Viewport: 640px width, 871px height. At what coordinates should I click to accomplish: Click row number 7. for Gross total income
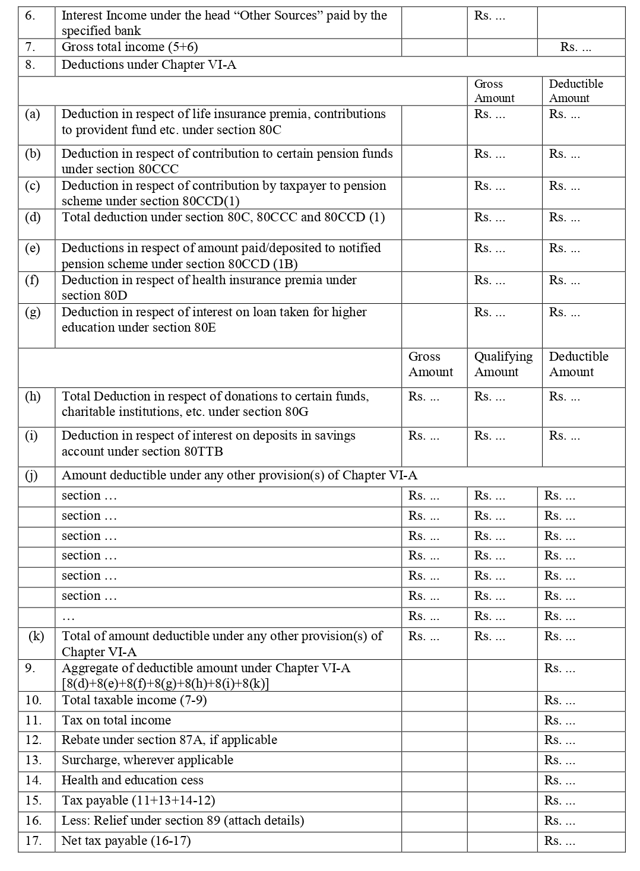click(30, 47)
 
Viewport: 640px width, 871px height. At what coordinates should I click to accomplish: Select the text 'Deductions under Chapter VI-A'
click(148, 65)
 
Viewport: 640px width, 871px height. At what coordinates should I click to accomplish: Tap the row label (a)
click(33, 114)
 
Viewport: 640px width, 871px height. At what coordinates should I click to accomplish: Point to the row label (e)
click(33, 248)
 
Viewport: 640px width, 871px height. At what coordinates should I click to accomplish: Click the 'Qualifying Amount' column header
click(503, 364)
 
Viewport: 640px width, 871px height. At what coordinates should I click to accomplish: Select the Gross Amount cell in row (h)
click(423, 397)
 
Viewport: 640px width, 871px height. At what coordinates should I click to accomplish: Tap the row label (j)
click(33, 476)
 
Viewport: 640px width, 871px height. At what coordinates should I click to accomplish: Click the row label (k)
click(36, 636)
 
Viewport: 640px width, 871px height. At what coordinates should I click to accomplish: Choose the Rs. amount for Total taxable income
click(559, 701)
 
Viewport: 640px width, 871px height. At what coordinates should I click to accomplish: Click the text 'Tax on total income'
click(116, 720)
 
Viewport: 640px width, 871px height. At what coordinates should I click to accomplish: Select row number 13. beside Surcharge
click(33, 760)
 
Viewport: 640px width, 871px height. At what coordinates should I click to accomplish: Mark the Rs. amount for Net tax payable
click(559, 841)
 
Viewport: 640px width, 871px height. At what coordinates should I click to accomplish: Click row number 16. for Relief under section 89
click(33, 821)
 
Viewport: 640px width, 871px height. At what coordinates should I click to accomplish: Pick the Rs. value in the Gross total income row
click(575, 47)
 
